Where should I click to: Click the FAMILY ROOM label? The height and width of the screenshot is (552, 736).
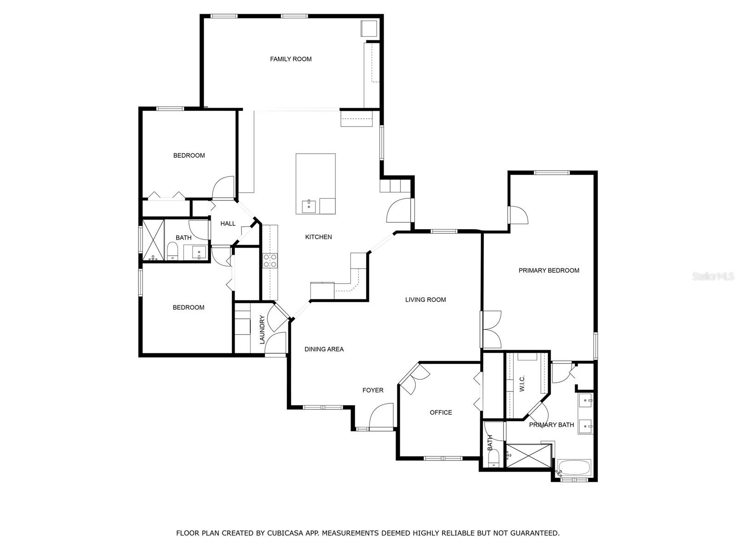pyautogui.click(x=291, y=59)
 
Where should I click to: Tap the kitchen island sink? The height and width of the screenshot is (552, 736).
pyautogui.click(x=309, y=207)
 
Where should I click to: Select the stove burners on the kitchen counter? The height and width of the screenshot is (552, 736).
pyautogui.click(x=270, y=261)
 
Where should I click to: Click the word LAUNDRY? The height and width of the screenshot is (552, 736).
pyautogui.click(x=262, y=329)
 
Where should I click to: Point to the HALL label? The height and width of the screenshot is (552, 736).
pyautogui.click(x=228, y=224)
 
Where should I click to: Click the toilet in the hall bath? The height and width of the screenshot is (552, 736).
pyautogui.click(x=172, y=251)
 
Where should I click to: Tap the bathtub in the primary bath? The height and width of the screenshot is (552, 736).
pyautogui.click(x=574, y=468)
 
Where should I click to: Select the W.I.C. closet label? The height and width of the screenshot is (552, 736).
pyautogui.click(x=522, y=384)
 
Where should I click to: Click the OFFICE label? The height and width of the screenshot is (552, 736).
pyautogui.click(x=441, y=413)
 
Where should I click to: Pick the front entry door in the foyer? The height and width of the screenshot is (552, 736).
pyautogui.click(x=381, y=416)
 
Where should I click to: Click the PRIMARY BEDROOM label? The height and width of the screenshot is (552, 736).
pyautogui.click(x=549, y=270)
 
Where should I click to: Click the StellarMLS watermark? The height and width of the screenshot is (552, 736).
pyautogui.click(x=713, y=276)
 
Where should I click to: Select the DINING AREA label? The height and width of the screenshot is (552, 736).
pyautogui.click(x=324, y=349)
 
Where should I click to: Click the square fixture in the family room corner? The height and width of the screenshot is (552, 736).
pyautogui.click(x=369, y=29)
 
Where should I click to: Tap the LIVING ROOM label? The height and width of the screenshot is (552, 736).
pyautogui.click(x=425, y=299)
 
